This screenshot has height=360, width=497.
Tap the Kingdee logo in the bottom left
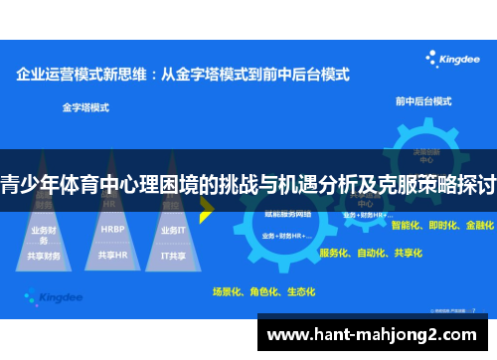click(51, 295)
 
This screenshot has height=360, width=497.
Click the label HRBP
click(112, 229)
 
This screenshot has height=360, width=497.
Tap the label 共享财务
click(46, 256)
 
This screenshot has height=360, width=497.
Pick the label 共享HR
click(112, 256)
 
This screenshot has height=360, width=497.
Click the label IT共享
click(174, 256)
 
